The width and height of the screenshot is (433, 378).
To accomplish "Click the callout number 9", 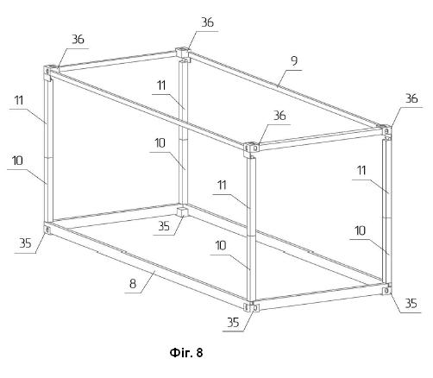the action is [294, 61].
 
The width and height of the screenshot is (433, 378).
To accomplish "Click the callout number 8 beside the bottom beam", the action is [133, 284].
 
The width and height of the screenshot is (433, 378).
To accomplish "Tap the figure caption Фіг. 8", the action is [186, 352].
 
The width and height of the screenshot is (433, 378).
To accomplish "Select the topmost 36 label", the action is [207, 22].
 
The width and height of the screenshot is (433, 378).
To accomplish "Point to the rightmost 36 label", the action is [411, 98].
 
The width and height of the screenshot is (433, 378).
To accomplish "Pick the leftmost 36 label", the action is [78, 40].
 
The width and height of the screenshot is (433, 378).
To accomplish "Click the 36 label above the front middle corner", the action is [279, 116].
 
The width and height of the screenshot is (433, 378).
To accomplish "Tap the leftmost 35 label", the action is [25, 243].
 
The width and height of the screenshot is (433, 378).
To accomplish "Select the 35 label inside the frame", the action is [164, 226].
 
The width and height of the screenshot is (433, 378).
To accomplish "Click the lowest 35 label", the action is [233, 322].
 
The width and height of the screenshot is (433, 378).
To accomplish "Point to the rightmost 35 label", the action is [411, 303].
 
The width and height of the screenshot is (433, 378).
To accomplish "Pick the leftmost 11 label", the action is [19, 100].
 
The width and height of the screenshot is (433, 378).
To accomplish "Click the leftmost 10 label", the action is [17, 161].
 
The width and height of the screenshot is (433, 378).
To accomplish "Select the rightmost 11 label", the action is [361, 170].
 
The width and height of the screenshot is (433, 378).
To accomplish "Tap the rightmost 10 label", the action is [361, 230].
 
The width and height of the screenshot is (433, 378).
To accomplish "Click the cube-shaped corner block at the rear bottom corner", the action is [182, 211].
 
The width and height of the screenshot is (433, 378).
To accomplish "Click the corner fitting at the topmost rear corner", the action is [183, 54].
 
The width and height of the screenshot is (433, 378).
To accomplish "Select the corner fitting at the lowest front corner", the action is [251, 307].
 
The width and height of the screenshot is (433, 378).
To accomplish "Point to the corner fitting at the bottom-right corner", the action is [387, 289].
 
